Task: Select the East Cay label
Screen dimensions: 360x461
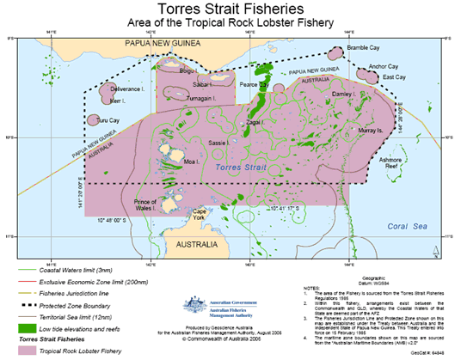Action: (x=394, y=76)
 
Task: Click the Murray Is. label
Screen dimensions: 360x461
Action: (x=371, y=131)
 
